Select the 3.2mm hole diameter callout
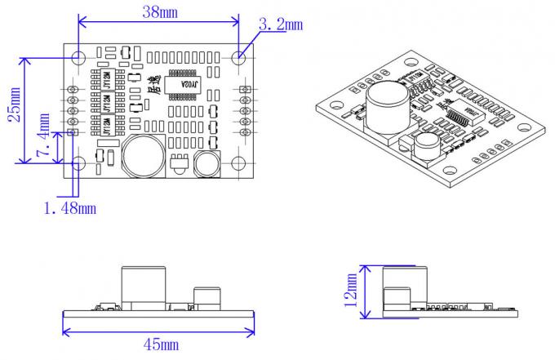280,24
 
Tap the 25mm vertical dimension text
14,104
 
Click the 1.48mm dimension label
69,208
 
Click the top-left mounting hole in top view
78,58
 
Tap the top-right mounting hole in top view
240,58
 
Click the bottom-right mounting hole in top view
240,162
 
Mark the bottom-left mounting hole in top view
78,162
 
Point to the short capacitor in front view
206,298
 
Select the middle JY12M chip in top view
108,104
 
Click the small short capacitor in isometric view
425,147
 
